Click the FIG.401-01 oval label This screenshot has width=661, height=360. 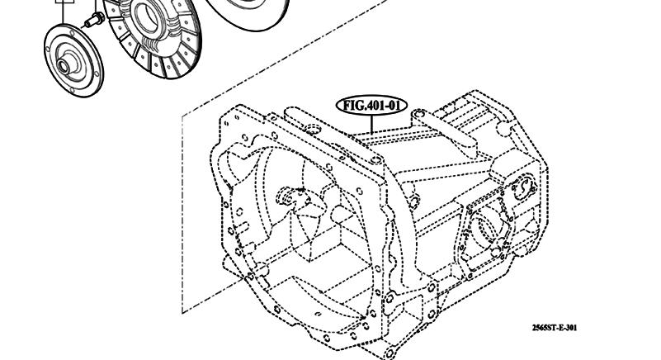click(x=371, y=105)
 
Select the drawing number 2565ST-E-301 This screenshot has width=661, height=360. click(x=555, y=328)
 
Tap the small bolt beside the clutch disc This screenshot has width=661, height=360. click(x=94, y=21)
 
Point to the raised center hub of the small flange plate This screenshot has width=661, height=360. click(x=64, y=64)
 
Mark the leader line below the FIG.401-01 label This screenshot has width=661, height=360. click(x=372, y=124)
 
